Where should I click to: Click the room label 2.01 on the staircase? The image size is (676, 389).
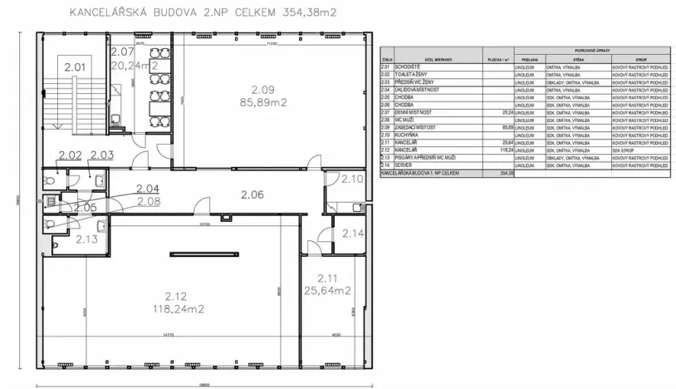coord(75,66)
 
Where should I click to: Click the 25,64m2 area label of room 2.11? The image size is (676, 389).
coord(328,290)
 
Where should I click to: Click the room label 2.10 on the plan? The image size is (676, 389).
coord(352,178)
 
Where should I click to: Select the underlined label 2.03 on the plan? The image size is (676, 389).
coord(101,155)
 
